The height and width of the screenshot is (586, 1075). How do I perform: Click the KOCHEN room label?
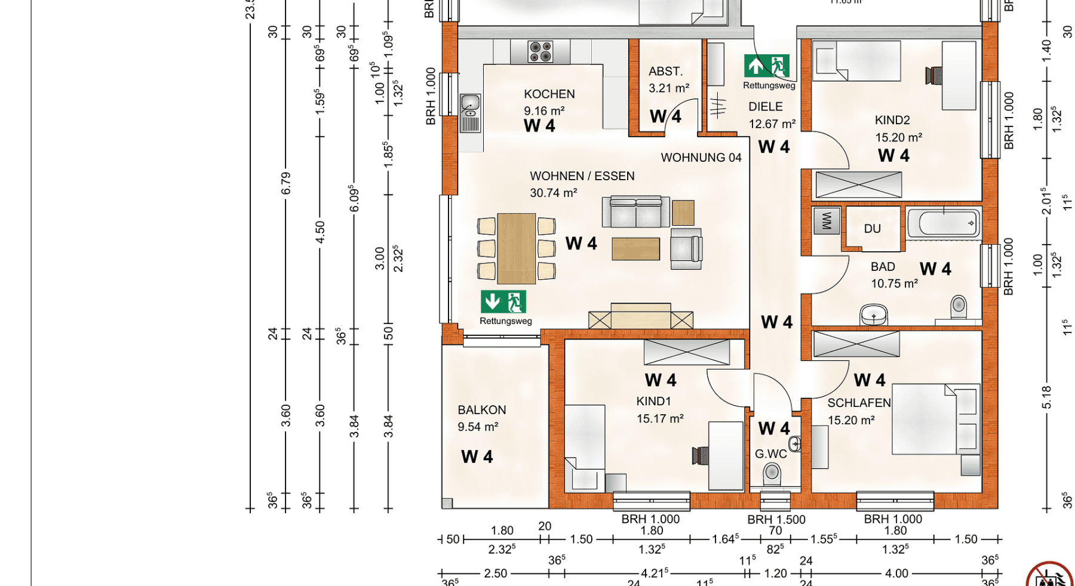(x=549, y=94)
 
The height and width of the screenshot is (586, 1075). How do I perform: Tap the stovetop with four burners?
(x=540, y=52)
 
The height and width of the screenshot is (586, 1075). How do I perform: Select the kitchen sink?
(x=471, y=105)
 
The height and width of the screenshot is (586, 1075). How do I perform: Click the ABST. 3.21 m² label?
(x=668, y=79)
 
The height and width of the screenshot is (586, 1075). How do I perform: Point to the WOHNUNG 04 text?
(x=701, y=158)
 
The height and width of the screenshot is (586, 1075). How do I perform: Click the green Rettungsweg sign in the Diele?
(x=767, y=66)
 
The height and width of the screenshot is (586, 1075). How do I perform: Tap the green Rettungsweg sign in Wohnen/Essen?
(x=503, y=302)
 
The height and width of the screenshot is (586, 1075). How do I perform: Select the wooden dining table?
(x=516, y=248)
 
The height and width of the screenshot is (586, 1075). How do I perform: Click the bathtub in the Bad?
(x=944, y=224)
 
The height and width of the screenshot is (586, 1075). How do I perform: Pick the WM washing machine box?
(x=827, y=221)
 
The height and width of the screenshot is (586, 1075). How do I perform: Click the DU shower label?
(x=872, y=229)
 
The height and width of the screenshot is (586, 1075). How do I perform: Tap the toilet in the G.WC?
(x=772, y=474)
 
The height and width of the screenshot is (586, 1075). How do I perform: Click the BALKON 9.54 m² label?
(x=481, y=418)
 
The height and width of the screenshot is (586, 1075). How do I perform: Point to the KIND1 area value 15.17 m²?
(x=659, y=419)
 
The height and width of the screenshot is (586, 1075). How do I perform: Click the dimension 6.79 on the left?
(x=286, y=183)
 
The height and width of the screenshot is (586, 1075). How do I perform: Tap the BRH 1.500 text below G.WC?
(x=776, y=520)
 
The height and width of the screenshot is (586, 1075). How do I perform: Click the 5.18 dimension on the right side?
(x=1046, y=397)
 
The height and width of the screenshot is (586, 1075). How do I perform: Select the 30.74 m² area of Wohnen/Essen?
(x=553, y=193)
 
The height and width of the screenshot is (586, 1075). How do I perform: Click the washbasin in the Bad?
(x=873, y=314)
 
